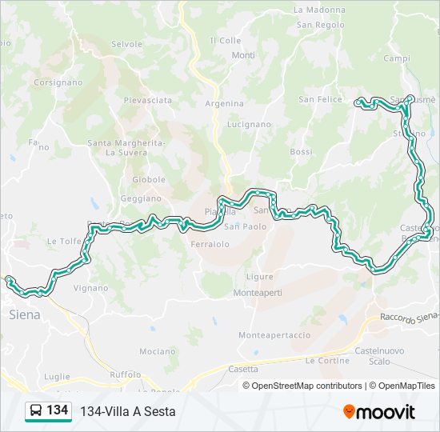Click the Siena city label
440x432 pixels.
(x=24, y=314)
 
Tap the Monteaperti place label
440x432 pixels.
(x=258, y=294)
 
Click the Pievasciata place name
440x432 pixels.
(x=147, y=100)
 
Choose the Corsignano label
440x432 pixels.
(x=58, y=82)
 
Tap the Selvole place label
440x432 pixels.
(x=126, y=44)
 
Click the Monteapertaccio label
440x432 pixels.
(x=274, y=334)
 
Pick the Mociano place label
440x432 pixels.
(x=157, y=351)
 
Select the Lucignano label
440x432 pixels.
(x=249, y=125)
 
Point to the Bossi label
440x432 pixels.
(x=301, y=152)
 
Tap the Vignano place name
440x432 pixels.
(x=90, y=287)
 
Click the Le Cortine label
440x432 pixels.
(x=327, y=361)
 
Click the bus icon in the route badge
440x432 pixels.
(x=36, y=411)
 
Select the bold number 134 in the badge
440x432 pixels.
(x=57, y=410)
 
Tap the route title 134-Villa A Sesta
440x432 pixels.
(x=127, y=411)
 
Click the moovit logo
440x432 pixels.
(x=378, y=411)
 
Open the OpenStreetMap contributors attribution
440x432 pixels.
(x=306, y=386)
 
